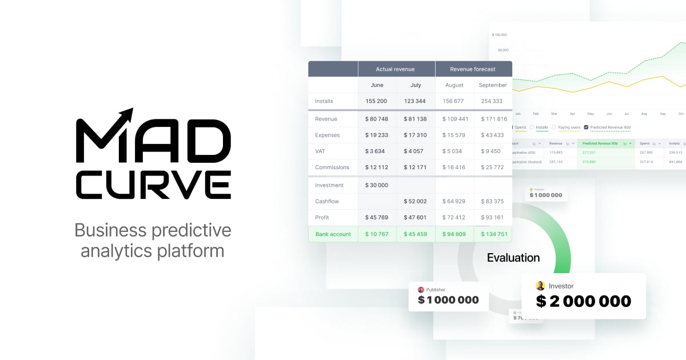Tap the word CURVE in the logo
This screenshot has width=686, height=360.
coord(153,185)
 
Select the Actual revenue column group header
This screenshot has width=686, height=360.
coord(395,69)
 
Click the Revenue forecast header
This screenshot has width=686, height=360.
coord(473,69)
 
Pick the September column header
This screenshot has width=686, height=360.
coord(493,85)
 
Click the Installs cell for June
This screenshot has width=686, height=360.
coord(376,101)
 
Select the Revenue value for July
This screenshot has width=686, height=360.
coord(414,119)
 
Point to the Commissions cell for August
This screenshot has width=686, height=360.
coord(454,167)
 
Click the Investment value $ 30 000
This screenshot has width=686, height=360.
coord(376,185)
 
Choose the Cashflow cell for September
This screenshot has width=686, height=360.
coord(492,201)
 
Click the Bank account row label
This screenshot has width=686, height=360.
coord(333,234)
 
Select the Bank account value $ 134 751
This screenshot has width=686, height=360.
coord(492,234)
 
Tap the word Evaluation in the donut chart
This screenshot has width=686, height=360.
coord(513,258)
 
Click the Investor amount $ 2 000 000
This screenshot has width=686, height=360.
coord(583,301)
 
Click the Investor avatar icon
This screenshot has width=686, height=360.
coord(540,286)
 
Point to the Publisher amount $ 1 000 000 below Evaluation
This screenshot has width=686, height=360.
coord(448,300)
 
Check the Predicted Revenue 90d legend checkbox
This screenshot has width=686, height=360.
coord(586,127)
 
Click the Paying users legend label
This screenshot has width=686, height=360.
coord(569,127)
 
